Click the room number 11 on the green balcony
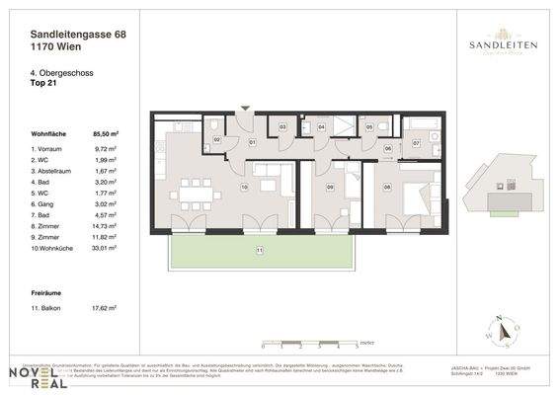[260, 251]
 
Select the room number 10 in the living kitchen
[244, 186]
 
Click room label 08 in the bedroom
[387, 186]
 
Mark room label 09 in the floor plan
[330, 186]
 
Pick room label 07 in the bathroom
[416, 144]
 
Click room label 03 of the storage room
[282, 127]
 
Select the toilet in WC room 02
[214, 127]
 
